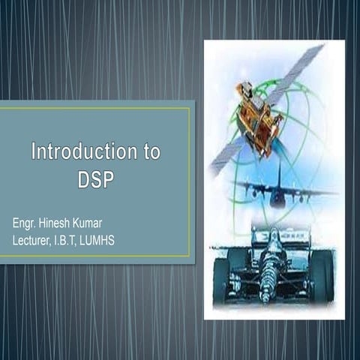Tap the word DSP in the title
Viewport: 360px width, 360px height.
click(95, 180)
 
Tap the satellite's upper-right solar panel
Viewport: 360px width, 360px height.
click(296, 71)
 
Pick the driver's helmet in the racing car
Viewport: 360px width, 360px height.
click(271, 248)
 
